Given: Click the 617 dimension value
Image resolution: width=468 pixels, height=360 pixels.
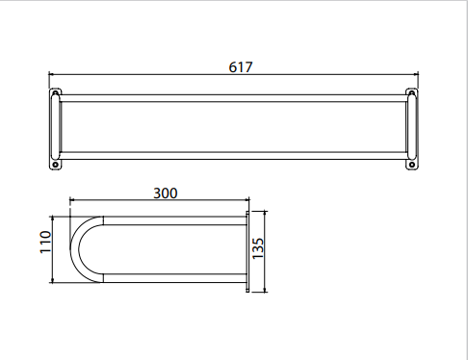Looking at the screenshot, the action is (x=241, y=67).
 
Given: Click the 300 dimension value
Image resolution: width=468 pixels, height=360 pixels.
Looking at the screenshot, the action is (x=166, y=193).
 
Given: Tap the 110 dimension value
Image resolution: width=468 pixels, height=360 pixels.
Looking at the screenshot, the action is (x=45, y=242).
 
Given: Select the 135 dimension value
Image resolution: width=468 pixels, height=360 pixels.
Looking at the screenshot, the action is (x=257, y=248).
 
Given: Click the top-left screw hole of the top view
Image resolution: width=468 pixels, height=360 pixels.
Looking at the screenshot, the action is (x=55, y=93).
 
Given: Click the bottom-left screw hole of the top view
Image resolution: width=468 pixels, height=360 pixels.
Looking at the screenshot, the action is (x=55, y=165).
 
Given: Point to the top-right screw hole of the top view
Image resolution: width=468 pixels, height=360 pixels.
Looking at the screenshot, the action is (x=412, y=93).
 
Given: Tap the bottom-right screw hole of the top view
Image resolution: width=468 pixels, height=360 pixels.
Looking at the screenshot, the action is (x=412, y=165).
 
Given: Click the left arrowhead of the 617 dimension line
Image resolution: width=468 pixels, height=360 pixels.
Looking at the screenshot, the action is (x=51, y=74).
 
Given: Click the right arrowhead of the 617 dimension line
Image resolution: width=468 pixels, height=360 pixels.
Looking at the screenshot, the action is (x=416, y=74).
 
